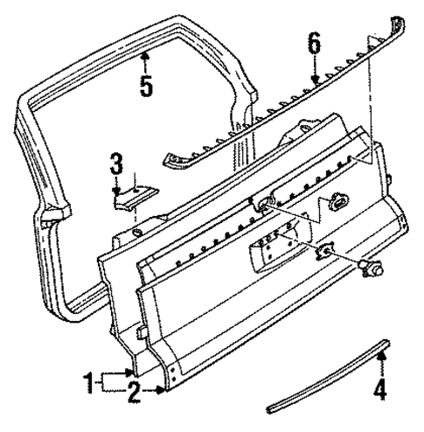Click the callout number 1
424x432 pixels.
coord(88,381)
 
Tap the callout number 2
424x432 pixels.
coord(133,394)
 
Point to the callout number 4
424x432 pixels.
coord(379,390)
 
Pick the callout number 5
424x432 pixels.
coord(146,86)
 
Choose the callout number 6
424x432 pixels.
coord(314,43)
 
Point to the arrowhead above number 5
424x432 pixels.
coord(146,56)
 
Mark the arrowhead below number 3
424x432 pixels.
coord(117,190)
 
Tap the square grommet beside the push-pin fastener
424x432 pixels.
coord(326,252)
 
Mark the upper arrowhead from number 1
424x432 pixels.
coord(131,373)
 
